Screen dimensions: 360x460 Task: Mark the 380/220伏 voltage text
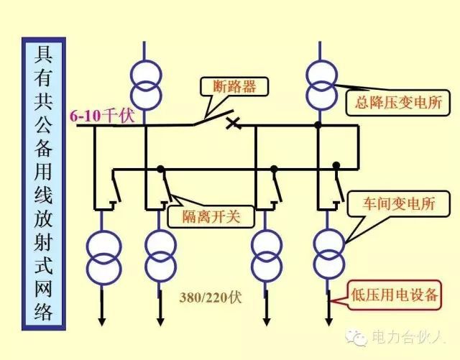point(211,296)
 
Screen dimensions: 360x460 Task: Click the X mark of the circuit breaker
point(232,123)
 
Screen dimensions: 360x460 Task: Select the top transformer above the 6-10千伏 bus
point(146,82)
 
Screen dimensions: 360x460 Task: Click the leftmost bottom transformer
point(103,256)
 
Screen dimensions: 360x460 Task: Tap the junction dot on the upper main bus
point(317,125)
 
